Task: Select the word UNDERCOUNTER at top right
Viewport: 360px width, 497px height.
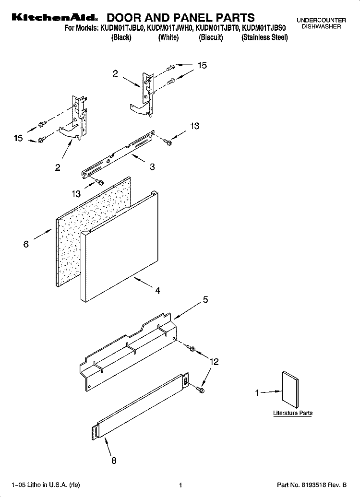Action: coord(321,20)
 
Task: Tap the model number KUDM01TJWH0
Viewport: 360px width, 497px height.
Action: coord(169,29)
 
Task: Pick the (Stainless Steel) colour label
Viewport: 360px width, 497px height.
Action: coord(264,37)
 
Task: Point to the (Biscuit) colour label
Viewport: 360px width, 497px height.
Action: coord(211,37)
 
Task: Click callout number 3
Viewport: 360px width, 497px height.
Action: coord(152,167)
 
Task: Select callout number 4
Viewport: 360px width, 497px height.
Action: coord(157,291)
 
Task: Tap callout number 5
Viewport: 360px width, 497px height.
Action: coord(205,300)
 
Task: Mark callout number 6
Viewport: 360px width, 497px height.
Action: coord(26,244)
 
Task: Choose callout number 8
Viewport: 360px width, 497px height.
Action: coord(113,461)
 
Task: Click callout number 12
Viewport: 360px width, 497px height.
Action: coord(214,362)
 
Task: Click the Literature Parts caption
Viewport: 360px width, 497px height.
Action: coord(293,413)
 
